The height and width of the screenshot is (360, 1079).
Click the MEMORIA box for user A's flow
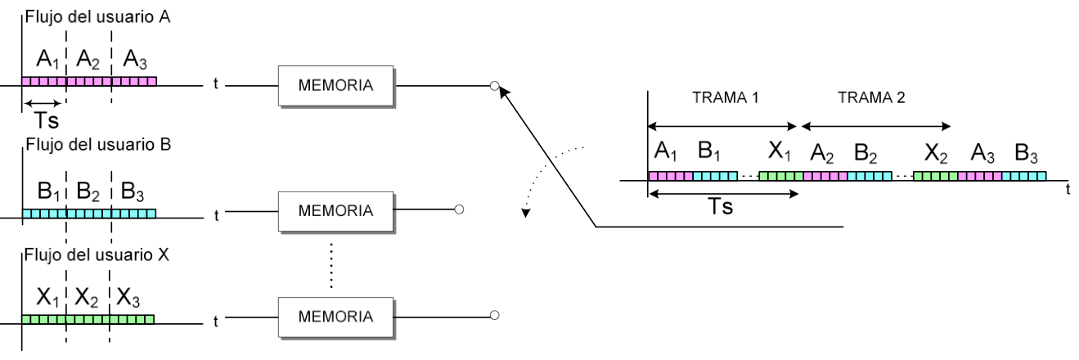pos(336,85)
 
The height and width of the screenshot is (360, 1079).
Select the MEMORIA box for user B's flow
pos(336,211)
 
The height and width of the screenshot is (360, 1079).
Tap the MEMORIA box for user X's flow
pos(336,316)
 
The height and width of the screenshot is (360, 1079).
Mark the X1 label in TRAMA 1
pos(780,153)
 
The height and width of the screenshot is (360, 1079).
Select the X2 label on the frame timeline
pos(936,153)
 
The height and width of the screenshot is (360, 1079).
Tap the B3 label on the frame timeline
pos(1027,153)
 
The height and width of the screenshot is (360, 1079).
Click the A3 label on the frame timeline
pos(982,153)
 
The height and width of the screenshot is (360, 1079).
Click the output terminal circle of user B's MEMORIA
pos(460,210)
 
